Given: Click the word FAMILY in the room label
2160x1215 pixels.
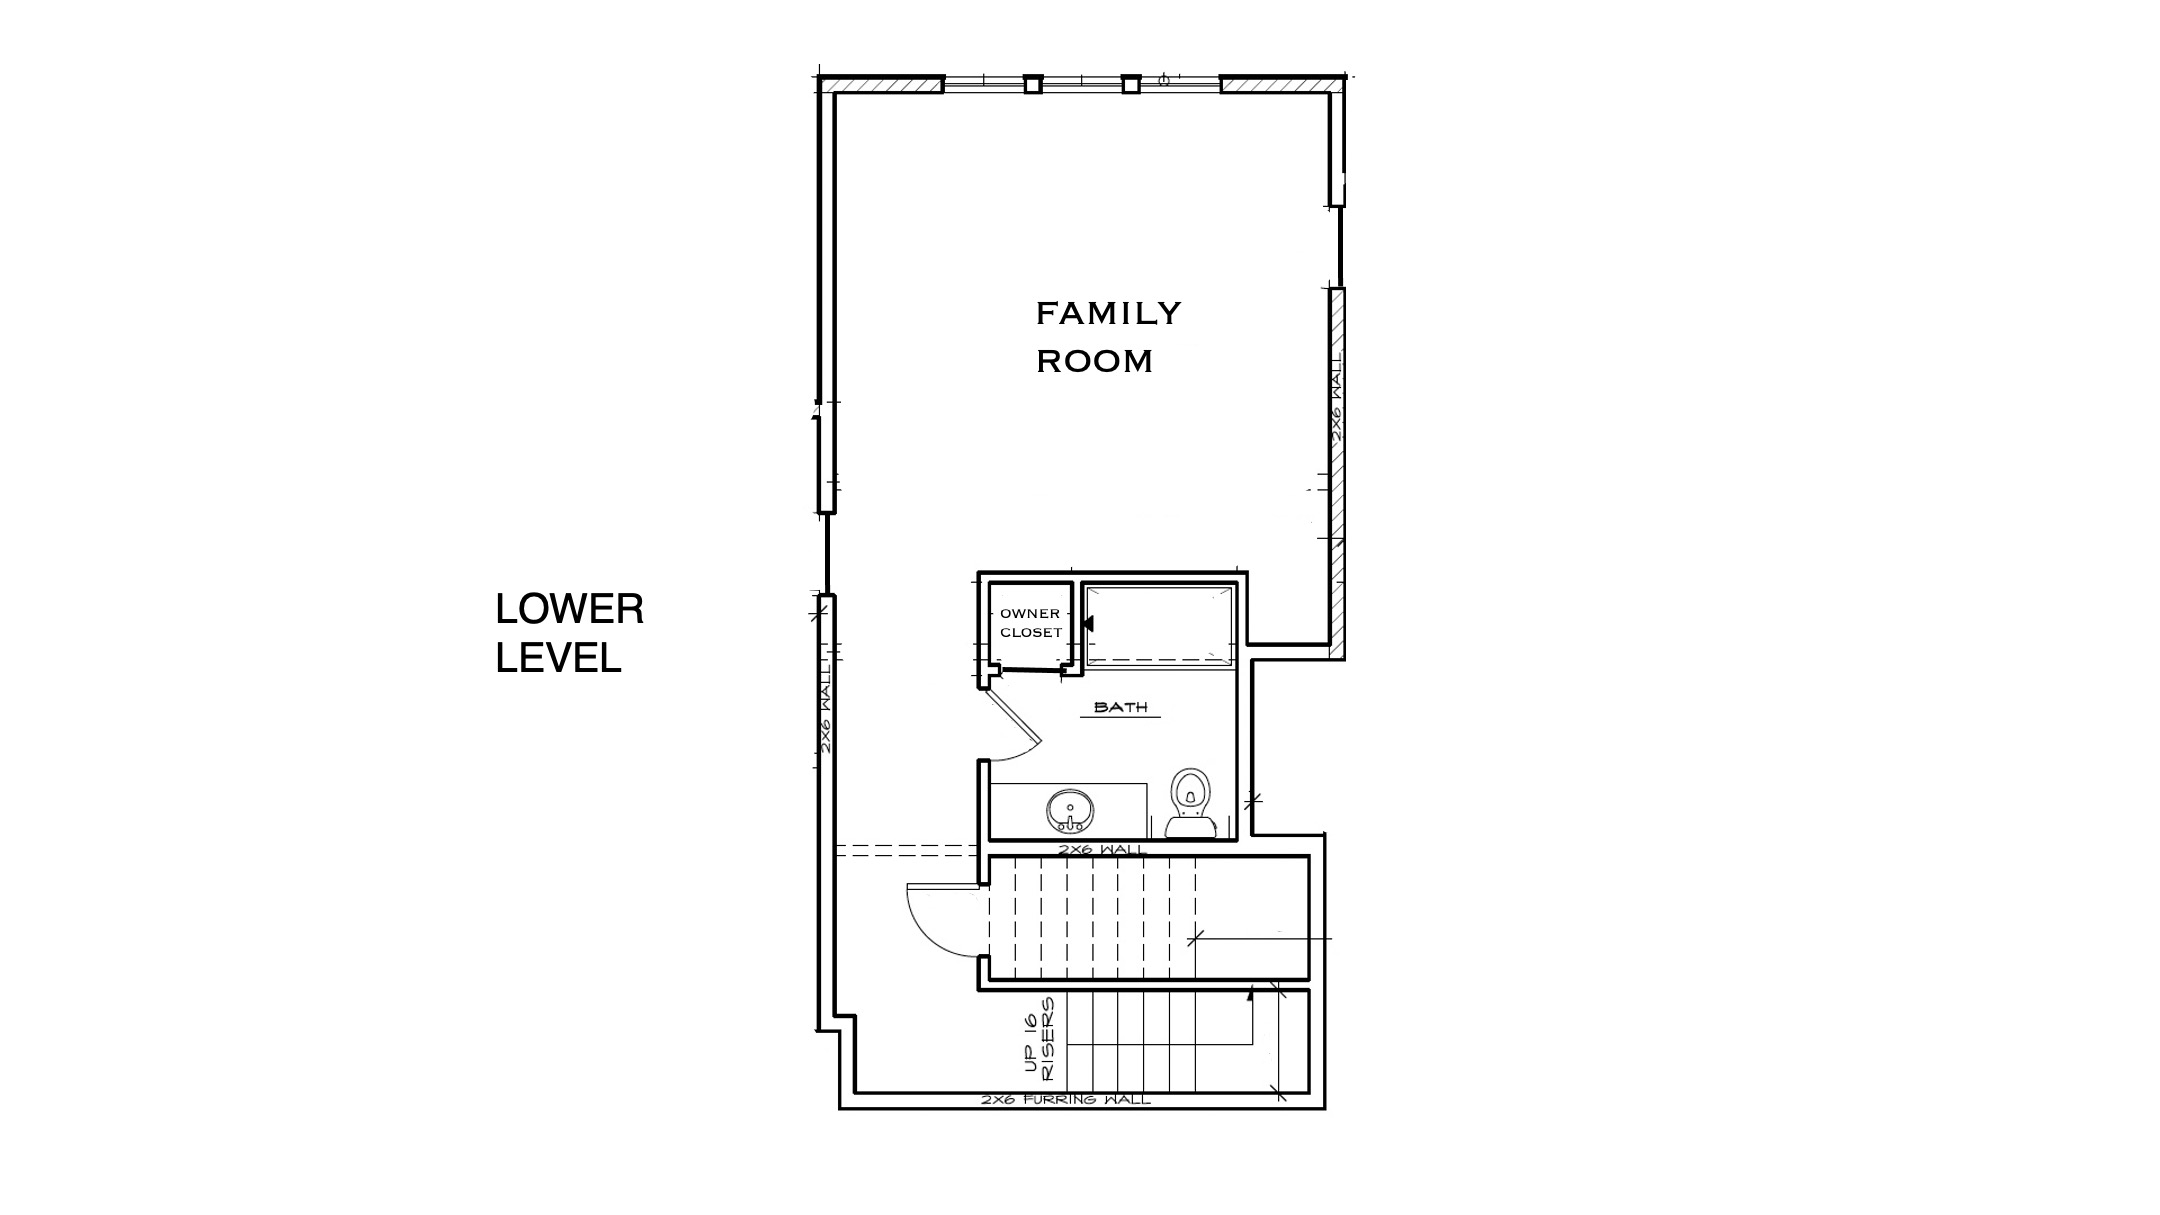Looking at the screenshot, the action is click(1108, 314).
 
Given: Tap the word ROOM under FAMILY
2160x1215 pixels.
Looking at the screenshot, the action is click(1094, 361).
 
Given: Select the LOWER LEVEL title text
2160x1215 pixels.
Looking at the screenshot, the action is click(570, 633).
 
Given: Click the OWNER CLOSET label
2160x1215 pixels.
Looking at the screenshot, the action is click(1031, 623).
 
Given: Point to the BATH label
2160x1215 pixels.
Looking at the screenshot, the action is click(1121, 707).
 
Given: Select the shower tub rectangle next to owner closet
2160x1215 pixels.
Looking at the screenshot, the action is click(1160, 625).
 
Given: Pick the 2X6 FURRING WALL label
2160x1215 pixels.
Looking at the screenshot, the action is click(1066, 1100).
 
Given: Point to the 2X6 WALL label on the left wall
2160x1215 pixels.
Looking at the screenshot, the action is click(826, 706).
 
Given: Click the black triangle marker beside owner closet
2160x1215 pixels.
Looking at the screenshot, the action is click(1088, 623).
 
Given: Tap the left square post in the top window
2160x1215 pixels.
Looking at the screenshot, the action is click(1034, 84).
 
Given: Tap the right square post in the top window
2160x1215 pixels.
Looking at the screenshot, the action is click(1131, 84).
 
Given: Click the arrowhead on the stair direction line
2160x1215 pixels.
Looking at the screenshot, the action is click(1251, 993).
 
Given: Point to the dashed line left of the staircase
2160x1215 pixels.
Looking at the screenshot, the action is click(906, 851).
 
